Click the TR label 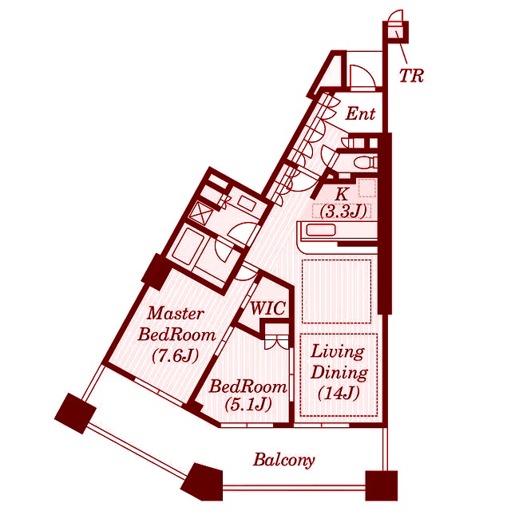pos(411,76)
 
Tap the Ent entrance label pos(360,113)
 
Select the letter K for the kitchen pos(341,195)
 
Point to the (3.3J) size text pos(343,212)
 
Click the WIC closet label pos(268,308)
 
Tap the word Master pos(176,314)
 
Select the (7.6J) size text pos(176,355)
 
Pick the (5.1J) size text pos(248,405)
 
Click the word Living pos(338,352)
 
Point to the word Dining pos(339,373)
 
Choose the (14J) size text pos(339,393)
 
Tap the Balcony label pos(284,461)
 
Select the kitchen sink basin pos(321,230)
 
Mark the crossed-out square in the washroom pos(201,212)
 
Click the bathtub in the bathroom pos(188,247)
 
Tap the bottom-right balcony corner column pos(382,485)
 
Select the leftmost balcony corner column pos(76,413)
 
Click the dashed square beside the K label pos(367,188)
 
